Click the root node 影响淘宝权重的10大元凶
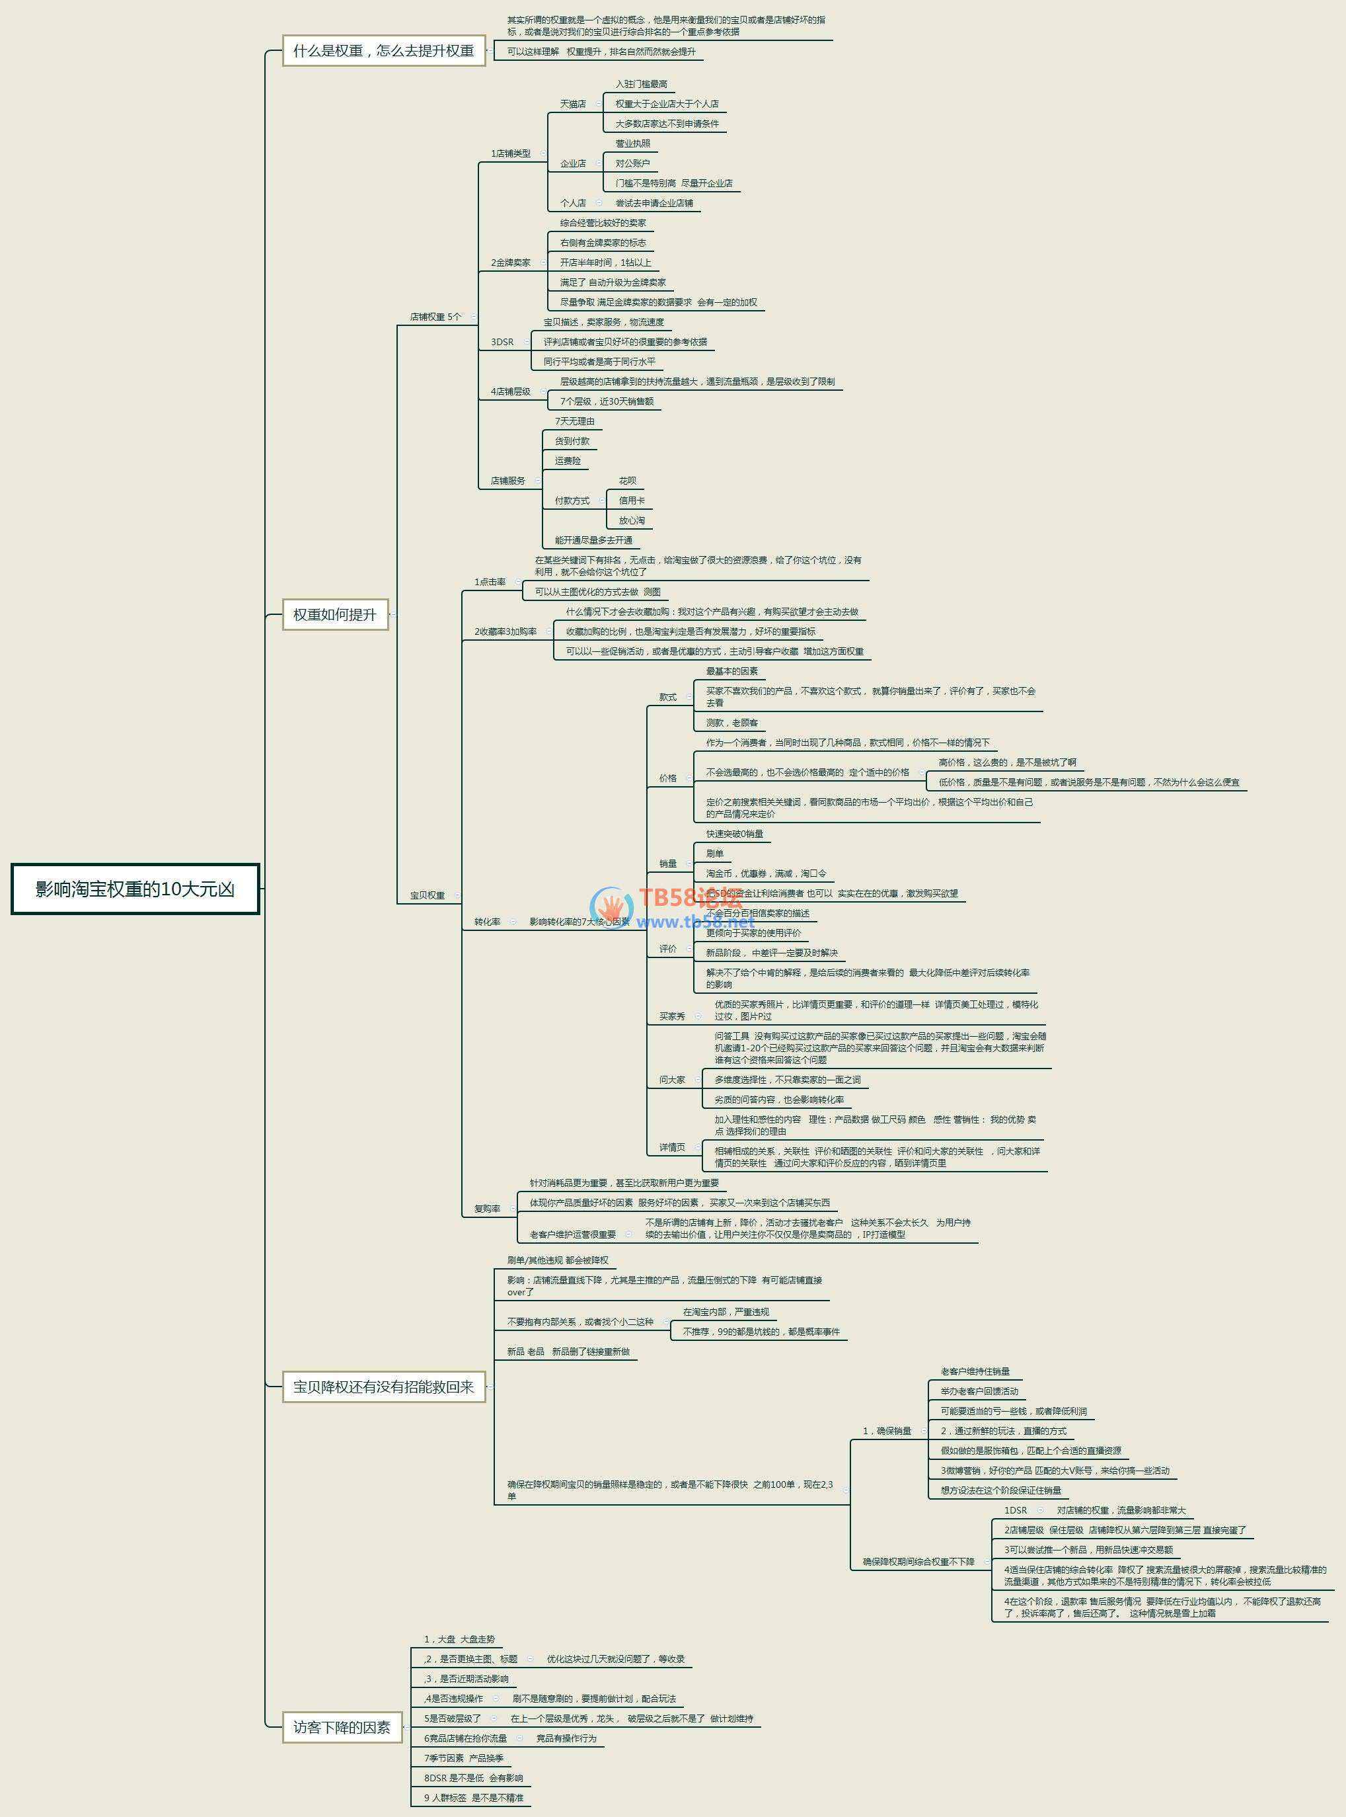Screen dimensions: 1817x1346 [135, 889]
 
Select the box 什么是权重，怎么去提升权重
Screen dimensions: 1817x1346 [383, 50]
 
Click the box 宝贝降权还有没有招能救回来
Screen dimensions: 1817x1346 [383, 1387]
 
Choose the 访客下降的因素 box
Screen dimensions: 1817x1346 [342, 1726]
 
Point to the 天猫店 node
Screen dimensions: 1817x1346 [573, 104]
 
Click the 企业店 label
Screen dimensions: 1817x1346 [573, 164]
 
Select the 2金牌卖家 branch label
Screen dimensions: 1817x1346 [510, 262]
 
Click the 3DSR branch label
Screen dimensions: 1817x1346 [502, 343]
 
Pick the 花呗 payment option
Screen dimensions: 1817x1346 [627, 481]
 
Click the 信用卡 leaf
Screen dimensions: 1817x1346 [632, 501]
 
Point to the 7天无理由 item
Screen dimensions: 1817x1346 [574, 421]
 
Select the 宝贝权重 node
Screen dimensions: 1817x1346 [427, 895]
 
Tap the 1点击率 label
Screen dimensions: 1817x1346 [490, 582]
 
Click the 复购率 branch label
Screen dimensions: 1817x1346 [487, 1209]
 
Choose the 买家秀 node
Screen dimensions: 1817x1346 [672, 1016]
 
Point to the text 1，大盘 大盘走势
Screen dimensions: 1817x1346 [459, 1639]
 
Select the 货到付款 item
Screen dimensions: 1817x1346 [572, 441]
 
